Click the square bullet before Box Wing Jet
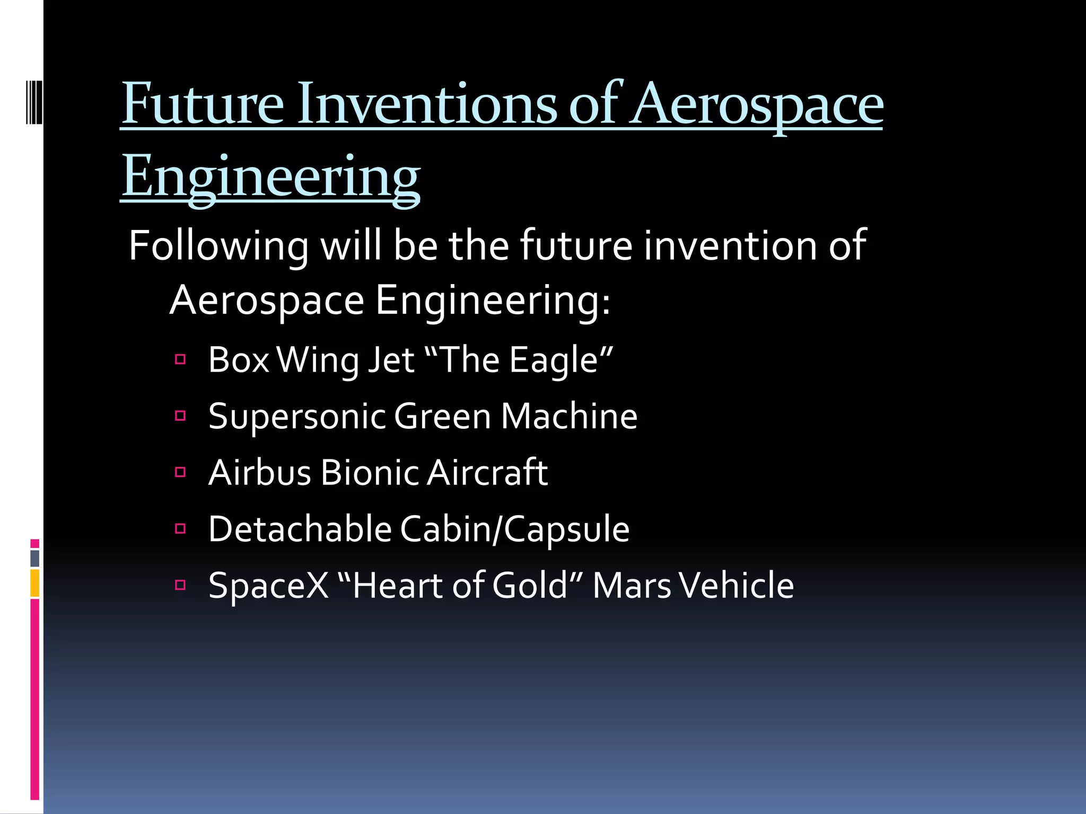click(180, 360)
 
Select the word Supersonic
click(296, 417)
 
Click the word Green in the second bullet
click(442, 417)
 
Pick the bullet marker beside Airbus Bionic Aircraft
click(180, 472)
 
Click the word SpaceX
click(268, 586)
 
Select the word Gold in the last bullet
click(530, 586)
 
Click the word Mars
click(632, 586)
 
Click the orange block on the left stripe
click(34, 583)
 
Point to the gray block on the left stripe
click(34, 558)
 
